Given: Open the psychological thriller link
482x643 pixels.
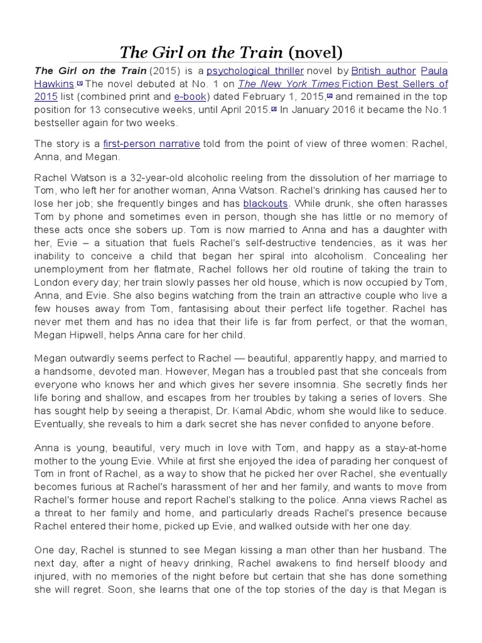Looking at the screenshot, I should click(255, 71).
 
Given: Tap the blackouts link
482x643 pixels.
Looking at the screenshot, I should click(265, 203).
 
